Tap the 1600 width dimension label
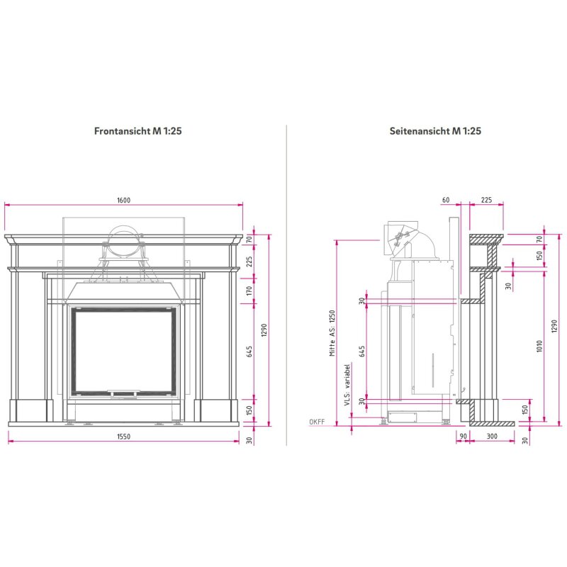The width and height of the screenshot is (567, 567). (123, 201)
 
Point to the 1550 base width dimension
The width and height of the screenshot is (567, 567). (123, 436)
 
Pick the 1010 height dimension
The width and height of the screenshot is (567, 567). (539, 346)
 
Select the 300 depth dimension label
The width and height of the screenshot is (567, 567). (492, 436)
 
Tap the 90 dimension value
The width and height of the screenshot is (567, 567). (463, 436)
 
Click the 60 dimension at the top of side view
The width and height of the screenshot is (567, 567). (446, 201)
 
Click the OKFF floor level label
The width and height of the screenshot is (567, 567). (317, 422)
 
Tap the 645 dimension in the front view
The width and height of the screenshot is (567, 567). (249, 352)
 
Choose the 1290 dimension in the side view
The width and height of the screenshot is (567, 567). (554, 330)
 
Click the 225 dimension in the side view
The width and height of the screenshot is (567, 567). (486, 201)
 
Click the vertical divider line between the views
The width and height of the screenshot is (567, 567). (286, 283)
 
